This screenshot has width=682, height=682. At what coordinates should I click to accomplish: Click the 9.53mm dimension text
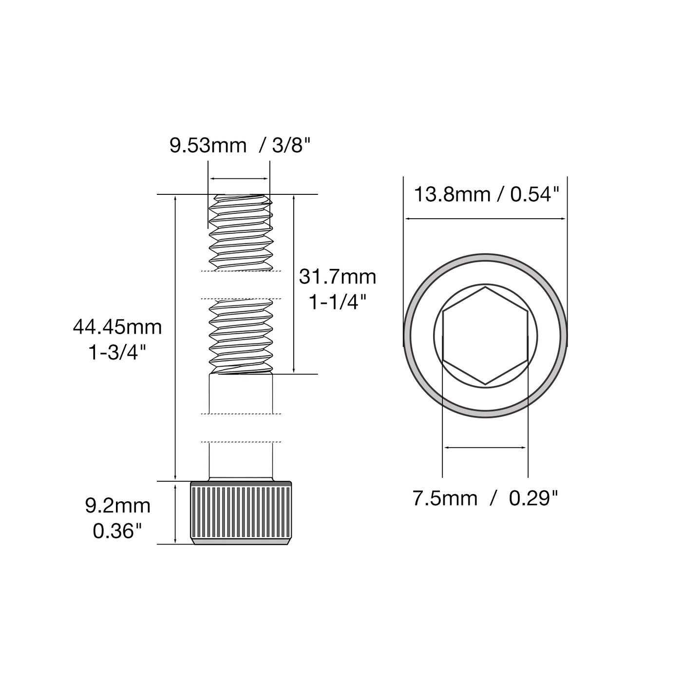coord(208,146)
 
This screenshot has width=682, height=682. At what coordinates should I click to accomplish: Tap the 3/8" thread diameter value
coord(291,145)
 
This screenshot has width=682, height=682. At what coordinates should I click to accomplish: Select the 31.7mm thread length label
coord(337,277)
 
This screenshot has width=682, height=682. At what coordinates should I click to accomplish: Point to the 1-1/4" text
coord(337,302)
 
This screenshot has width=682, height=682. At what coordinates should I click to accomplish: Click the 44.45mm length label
coord(117,327)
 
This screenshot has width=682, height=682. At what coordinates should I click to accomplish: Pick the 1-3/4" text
coord(117,352)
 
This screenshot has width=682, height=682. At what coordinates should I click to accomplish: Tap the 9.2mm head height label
coord(117,506)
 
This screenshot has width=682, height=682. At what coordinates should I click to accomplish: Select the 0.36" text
coord(117,531)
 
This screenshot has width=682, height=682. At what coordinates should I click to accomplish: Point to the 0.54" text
coord(535,194)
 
